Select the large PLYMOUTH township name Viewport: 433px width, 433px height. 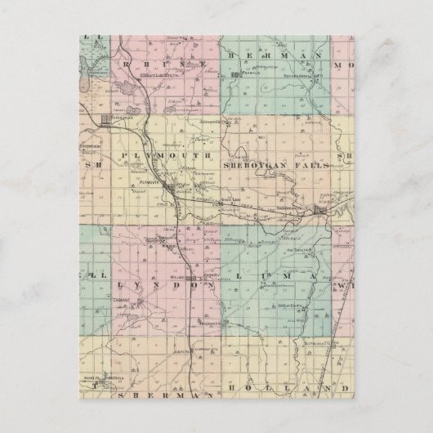(x=167, y=155)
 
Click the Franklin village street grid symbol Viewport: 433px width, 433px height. (x=237, y=75)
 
